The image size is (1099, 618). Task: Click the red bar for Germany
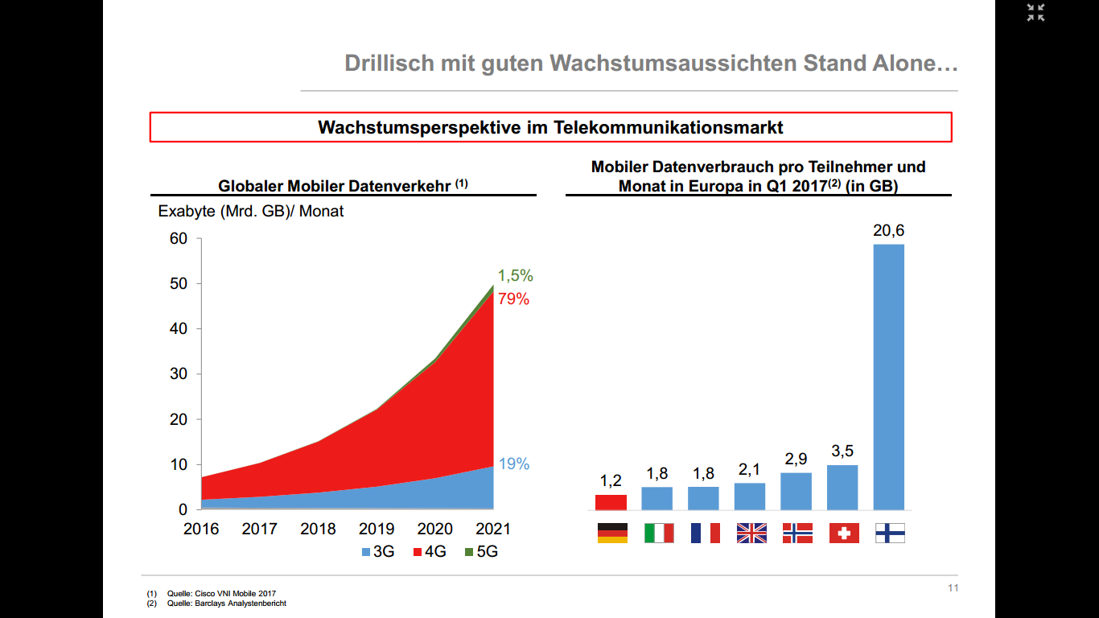click(611, 502)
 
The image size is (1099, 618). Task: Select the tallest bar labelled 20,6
click(888, 377)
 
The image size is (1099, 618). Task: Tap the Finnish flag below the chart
click(889, 533)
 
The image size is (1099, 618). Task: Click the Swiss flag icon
click(843, 533)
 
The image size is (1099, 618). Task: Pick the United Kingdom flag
click(751, 533)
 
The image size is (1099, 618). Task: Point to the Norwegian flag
click(796, 533)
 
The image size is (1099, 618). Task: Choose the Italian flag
click(658, 533)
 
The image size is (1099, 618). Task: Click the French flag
click(705, 533)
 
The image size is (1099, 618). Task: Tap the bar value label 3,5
click(842, 451)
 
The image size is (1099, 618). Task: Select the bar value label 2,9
click(796, 459)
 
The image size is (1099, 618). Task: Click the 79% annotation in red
click(513, 299)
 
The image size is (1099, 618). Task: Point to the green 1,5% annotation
click(515, 276)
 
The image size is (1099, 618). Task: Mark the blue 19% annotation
click(513, 464)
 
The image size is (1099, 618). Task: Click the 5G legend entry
click(481, 552)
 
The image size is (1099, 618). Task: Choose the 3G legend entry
click(377, 552)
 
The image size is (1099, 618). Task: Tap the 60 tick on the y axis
click(178, 239)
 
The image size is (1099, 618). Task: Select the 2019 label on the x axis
click(376, 529)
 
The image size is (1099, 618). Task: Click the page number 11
click(953, 588)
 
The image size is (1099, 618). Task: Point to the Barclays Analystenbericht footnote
click(227, 604)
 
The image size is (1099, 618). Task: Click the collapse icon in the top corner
click(1035, 12)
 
